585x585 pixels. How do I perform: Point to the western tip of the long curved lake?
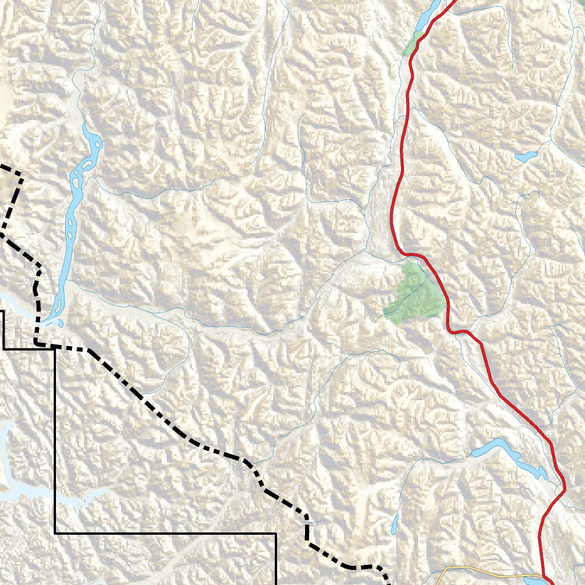click(474, 454)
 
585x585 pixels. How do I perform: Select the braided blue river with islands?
click(74, 217)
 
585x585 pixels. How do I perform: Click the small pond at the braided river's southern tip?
click(59, 323)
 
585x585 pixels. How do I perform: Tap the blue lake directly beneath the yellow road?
click(534, 581)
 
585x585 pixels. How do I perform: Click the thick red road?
click(400, 171)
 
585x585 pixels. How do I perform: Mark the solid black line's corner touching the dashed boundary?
click(55, 348)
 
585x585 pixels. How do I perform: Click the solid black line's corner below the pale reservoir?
click(55, 533)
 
